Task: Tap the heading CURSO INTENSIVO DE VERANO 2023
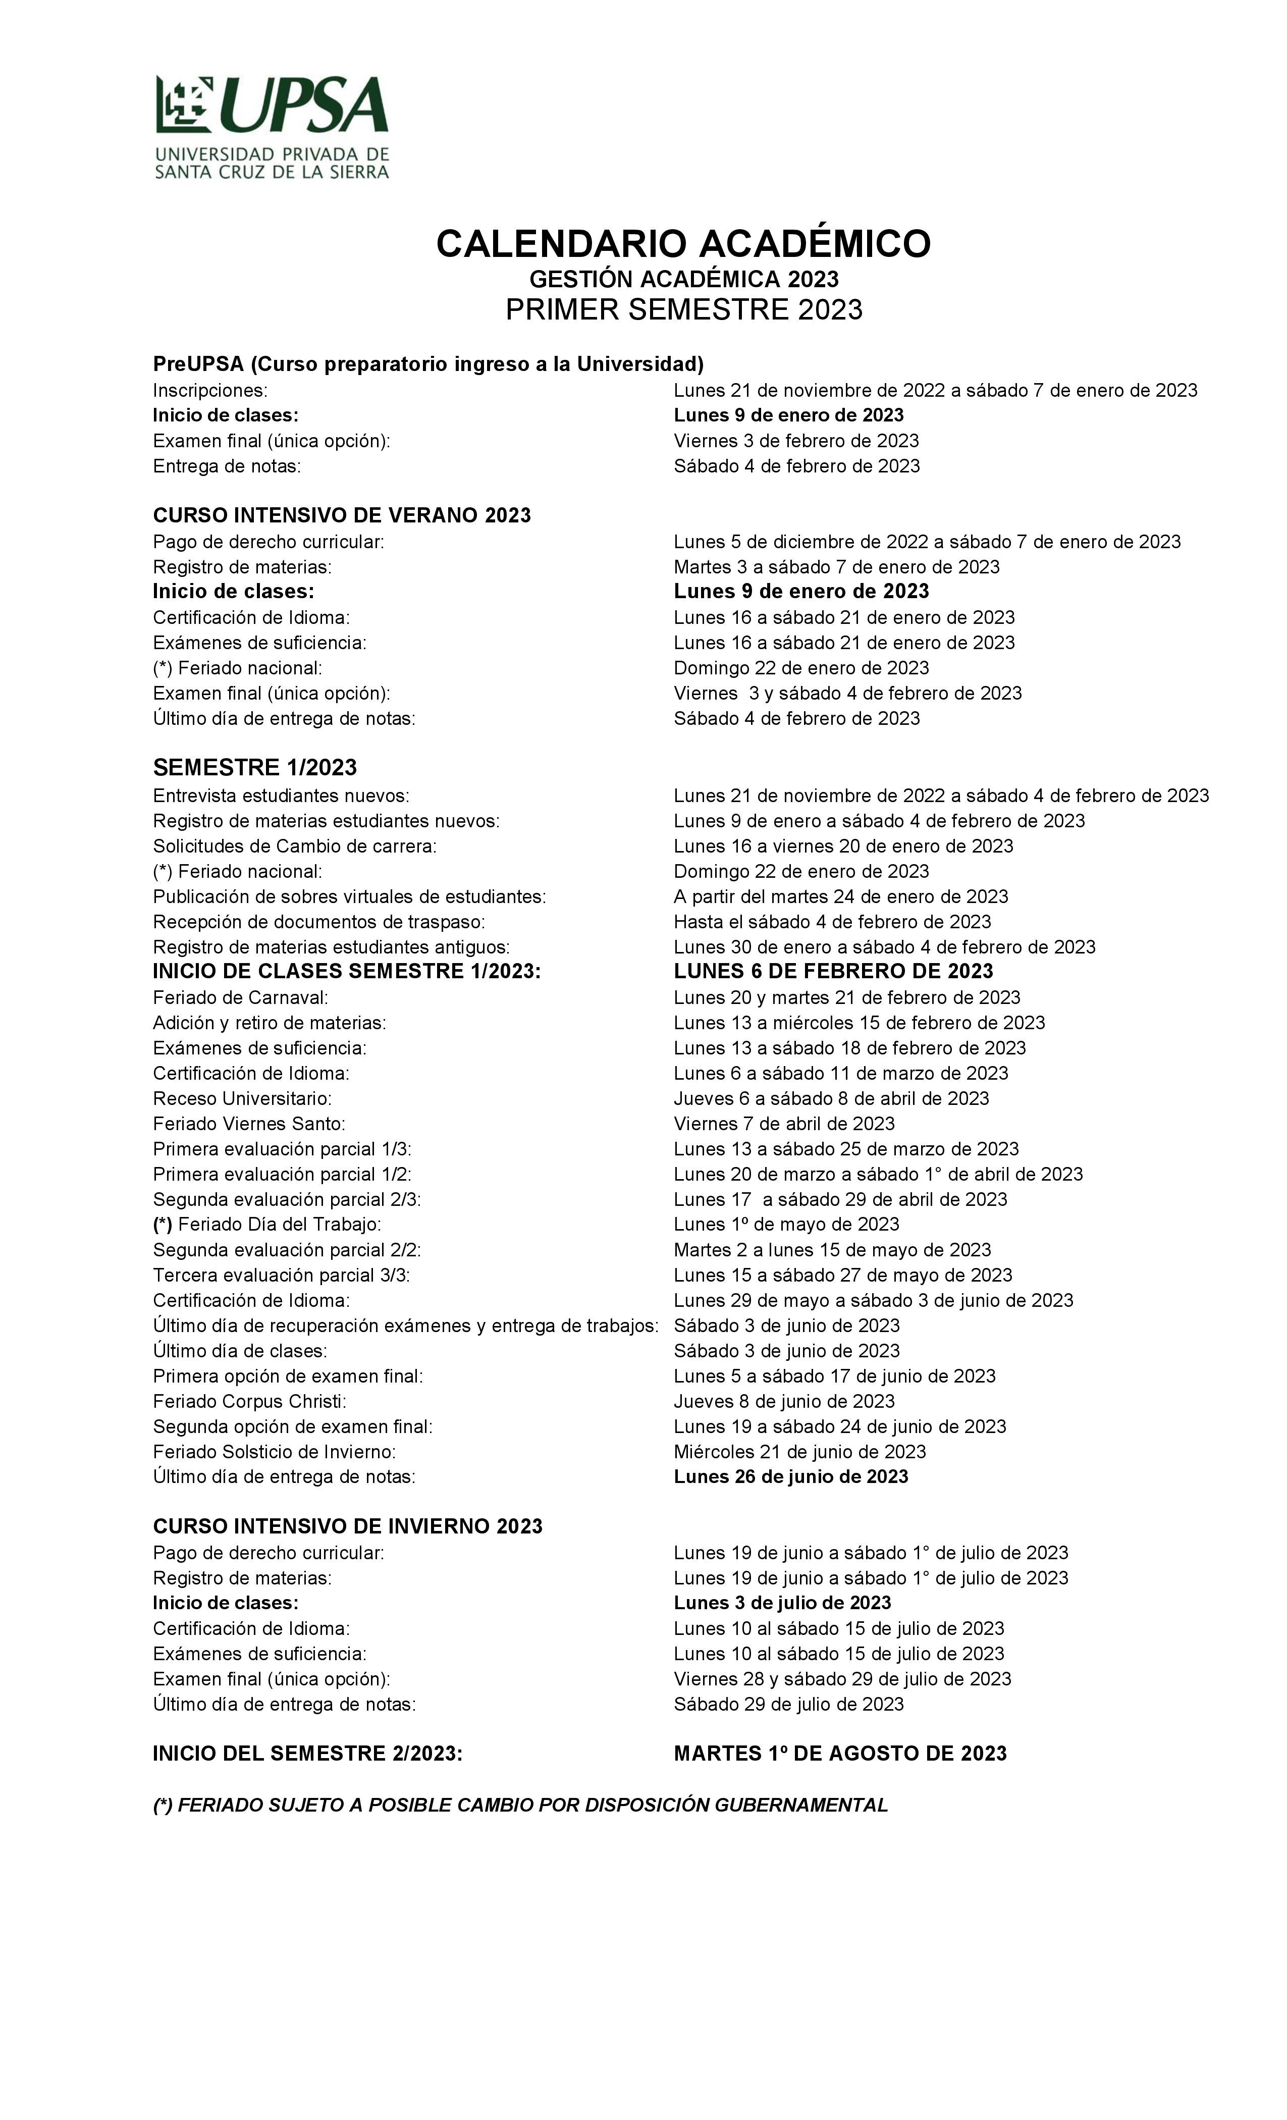[x=342, y=515]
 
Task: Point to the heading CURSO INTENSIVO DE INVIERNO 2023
[x=348, y=1526]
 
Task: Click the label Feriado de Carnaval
[x=241, y=998]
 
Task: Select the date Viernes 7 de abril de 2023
[x=784, y=1124]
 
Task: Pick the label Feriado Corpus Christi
[x=249, y=1402]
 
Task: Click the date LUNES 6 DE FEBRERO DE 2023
[x=833, y=971]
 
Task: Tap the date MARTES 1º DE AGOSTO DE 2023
[x=840, y=1754]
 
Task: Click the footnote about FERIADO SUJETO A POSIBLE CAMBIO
[x=520, y=1805]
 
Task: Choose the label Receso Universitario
[x=242, y=1099]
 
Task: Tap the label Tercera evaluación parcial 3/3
[x=281, y=1275]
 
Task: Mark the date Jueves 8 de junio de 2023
[x=784, y=1402]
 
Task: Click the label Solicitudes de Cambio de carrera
[x=294, y=846]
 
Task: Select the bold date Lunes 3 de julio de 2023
[x=782, y=1603]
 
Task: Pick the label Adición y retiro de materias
[x=270, y=1023]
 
